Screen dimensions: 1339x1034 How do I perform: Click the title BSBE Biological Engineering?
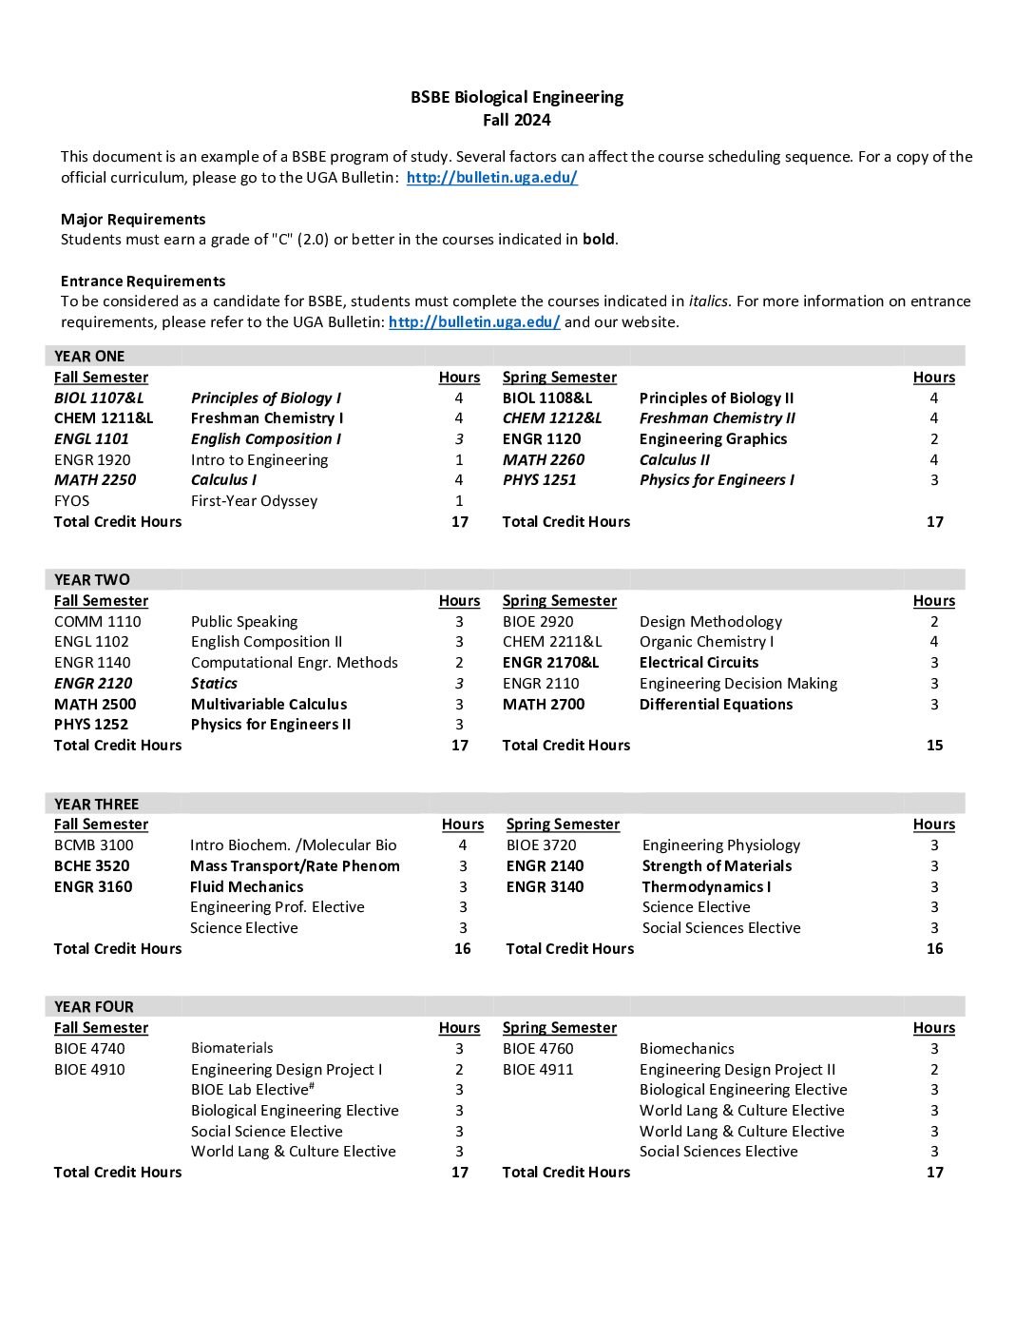[516, 97]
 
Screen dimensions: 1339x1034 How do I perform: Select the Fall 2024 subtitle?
[516, 120]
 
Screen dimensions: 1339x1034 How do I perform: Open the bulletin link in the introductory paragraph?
[491, 178]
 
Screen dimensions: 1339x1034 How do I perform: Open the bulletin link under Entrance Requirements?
[474, 322]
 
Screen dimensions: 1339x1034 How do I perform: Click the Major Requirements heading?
[133, 220]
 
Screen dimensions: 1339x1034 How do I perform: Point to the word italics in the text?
[708, 301]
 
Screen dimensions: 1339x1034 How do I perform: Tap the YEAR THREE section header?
[96, 804]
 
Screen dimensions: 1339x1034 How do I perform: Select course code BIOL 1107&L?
[99, 398]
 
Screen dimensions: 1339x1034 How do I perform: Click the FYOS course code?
[71, 501]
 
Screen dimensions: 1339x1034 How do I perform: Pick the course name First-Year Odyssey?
[254, 501]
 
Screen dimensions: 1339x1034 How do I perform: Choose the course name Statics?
[214, 684]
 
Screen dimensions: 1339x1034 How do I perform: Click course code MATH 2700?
[544, 705]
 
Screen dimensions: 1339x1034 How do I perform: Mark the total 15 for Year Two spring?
[934, 746]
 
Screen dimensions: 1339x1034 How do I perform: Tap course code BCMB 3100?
[93, 845]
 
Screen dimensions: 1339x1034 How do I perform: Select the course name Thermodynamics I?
[706, 887]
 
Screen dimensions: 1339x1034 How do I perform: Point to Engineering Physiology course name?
[720, 845]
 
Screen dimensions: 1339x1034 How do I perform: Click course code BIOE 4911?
[538, 1070]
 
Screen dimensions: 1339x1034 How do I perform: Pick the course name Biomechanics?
[686, 1049]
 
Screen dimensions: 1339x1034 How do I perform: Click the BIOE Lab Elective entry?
[252, 1090]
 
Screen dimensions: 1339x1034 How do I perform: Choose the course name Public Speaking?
[244, 622]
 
